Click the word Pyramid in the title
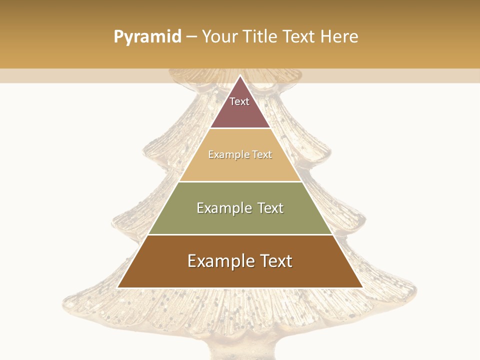pos(147,37)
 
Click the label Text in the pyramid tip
pos(239,101)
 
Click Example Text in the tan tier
pos(240,154)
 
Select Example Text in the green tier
pos(240,208)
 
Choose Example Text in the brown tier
pos(240,261)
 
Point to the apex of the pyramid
pos(240,76)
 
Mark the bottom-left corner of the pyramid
pos(118,287)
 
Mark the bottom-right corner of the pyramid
pos(362,287)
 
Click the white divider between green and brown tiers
pos(240,234)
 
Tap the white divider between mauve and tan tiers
pos(240,128)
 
